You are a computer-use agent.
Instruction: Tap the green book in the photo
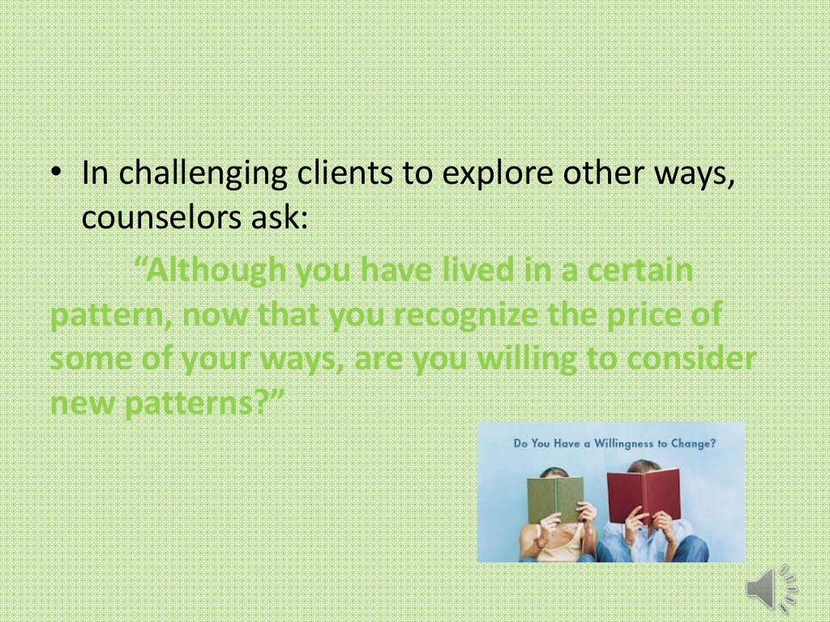click(x=555, y=499)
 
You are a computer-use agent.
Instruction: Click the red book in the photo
click(x=644, y=494)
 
